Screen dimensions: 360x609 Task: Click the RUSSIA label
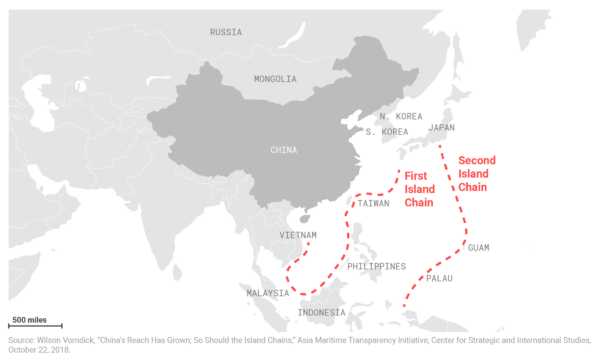[225, 32]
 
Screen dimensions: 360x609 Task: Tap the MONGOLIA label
[274, 78]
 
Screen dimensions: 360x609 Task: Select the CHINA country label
[283, 150]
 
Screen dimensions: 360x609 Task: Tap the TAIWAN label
[372, 202]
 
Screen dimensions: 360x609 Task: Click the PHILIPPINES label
[378, 266]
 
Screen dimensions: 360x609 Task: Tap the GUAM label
[480, 247]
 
